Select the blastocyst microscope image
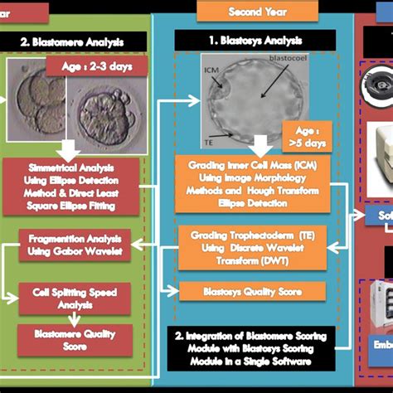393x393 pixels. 252,102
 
